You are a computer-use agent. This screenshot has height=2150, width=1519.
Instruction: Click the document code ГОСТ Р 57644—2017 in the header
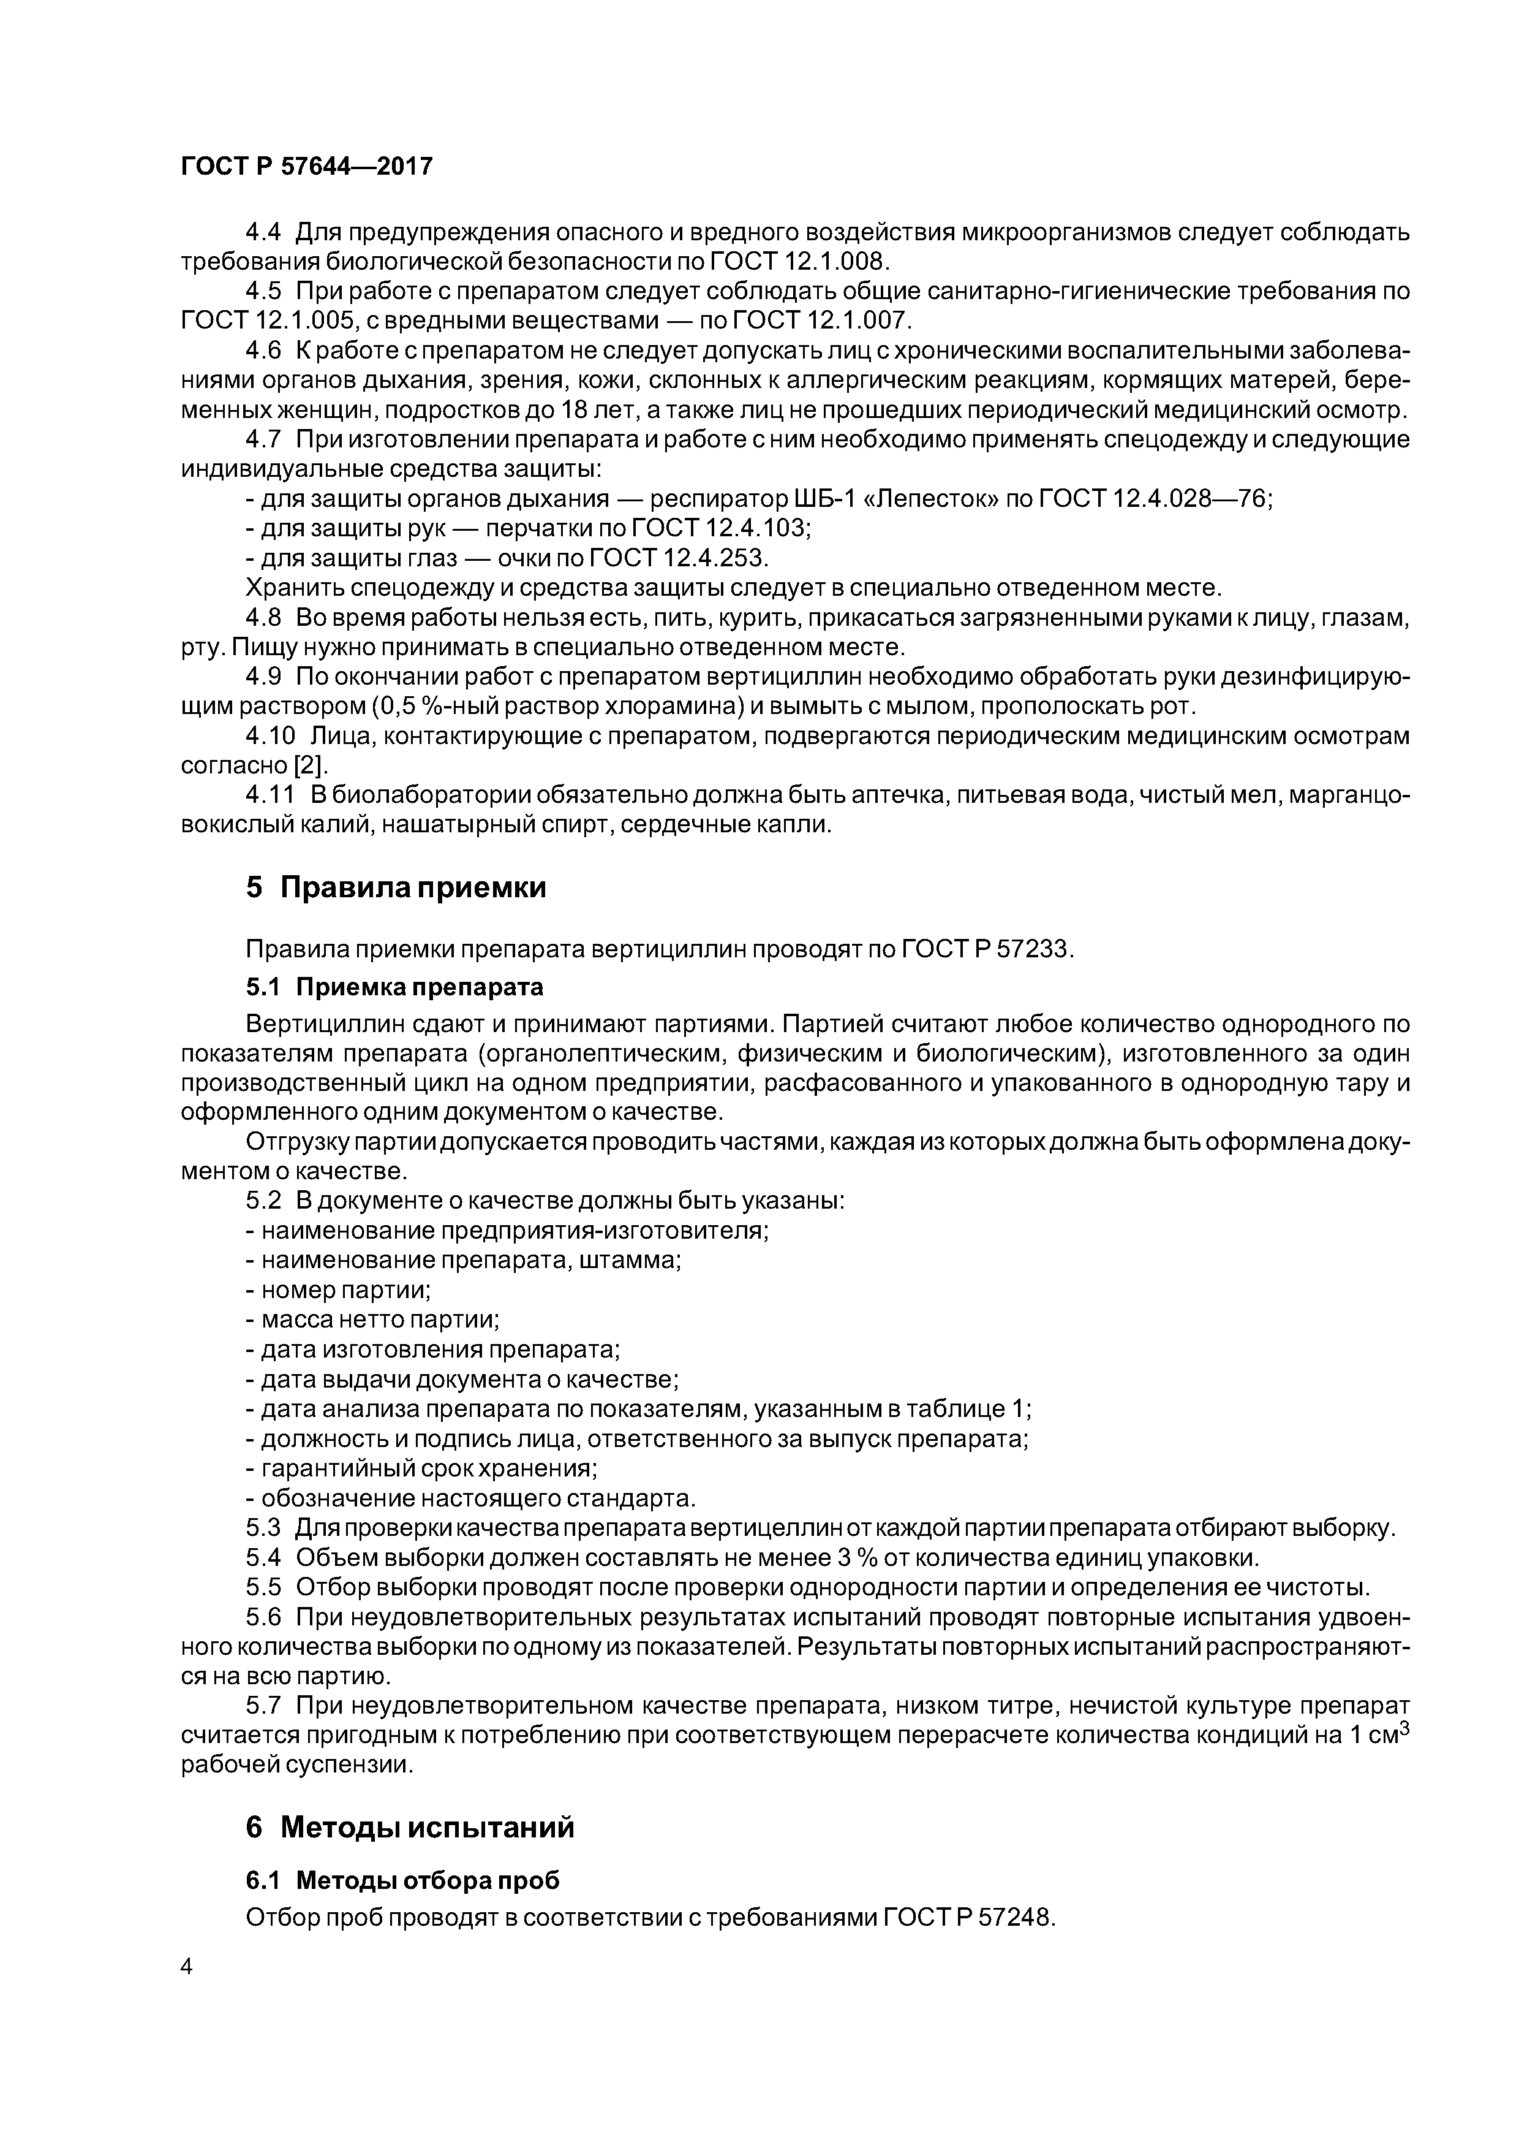(x=306, y=167)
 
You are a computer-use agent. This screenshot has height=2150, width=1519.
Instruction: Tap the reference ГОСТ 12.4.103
(x=721, y=529)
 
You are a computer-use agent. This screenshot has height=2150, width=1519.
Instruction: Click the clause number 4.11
(x=269, y=795)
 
